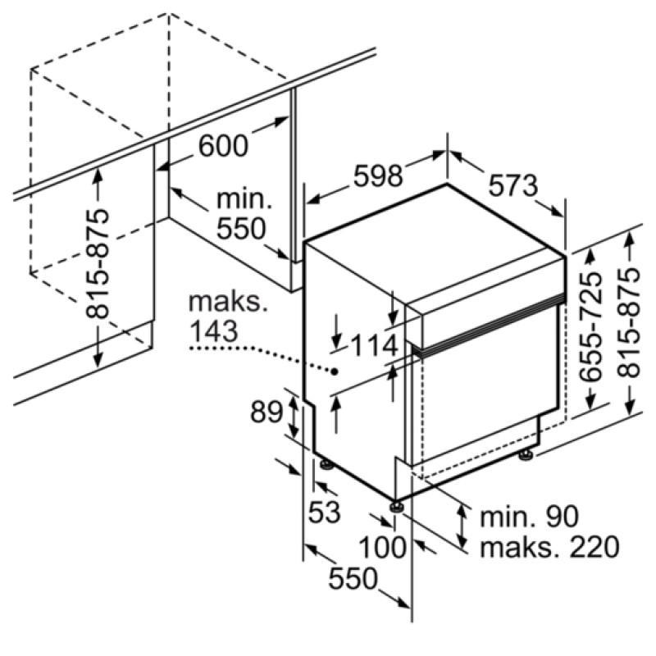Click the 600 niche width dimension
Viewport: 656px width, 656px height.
pyautogui.click(x=223, y=146)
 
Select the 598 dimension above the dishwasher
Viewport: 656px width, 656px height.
pyautogui.click(x=378, y=175)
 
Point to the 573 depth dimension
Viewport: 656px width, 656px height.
pyautogui.click(x=513, y=185)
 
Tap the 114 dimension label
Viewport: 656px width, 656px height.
pyautogui.click(x=374, y=346)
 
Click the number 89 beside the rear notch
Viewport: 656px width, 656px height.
pyautogui.click(x=266, y=412)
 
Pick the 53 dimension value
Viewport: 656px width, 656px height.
pyautogui.click(x=324, y=511)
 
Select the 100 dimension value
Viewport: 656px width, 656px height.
pyautogui.click(x=382, y=547)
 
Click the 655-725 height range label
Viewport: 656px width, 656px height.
pyautogui.click(x=590, y=326)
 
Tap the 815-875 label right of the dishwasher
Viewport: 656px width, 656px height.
pyautogui.click(x=629, y=323)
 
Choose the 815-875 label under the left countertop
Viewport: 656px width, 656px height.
pyautogui.click(x=98, y=264)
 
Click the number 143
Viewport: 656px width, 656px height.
pyautogui.click(x=214, y=331)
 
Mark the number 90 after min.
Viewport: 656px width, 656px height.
pyautogui.click(x=562, y=517)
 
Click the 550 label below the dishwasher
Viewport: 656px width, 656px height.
pyautogui.click(x=353, y=579)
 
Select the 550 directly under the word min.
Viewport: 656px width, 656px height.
pyautogui.click(x=241, y=229)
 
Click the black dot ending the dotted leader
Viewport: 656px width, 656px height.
pyautogui.click(x=335, y=371)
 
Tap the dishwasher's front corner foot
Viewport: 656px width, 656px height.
pyautogui.click(x=396, y=507)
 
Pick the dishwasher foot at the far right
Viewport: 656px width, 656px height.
pyautogui.click(x=526, y=455)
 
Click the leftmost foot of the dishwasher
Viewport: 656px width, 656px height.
pyautogui.click(x=326, y=465)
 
